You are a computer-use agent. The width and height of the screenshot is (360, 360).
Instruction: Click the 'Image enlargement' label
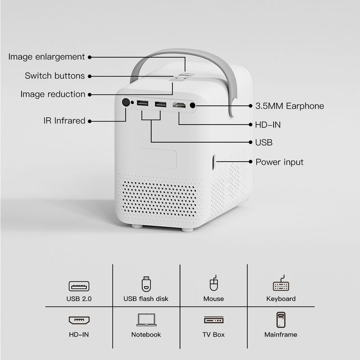(46, 57)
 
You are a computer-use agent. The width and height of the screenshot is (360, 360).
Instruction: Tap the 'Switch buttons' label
(54, 76)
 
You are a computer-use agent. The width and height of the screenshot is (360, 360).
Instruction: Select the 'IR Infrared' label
(64, 121)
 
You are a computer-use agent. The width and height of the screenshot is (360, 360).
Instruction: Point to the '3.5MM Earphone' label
(289, 106)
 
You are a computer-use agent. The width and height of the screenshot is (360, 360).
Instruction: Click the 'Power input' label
(279, 162)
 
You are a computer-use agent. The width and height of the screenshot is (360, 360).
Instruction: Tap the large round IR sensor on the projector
(126, 103)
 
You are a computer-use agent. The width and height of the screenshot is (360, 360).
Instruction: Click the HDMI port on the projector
(179, 105)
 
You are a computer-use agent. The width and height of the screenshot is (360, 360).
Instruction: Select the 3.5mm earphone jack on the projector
(193, 105)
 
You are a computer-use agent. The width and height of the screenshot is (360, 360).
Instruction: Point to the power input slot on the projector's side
(213, 162)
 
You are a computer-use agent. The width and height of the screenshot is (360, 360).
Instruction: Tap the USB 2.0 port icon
(79, 286)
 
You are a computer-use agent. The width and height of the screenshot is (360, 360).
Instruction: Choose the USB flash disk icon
(146, 284)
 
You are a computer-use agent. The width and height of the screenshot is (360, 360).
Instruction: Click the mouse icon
(214, 283)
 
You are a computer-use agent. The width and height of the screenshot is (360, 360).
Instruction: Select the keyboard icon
(281, 283)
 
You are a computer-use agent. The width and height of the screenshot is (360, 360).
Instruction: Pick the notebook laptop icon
(147, 320)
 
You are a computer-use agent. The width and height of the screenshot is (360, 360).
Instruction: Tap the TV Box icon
(214, 320)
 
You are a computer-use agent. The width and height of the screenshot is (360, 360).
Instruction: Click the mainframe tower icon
(281, 319)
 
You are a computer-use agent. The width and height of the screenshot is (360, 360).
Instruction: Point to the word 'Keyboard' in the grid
(281, 299)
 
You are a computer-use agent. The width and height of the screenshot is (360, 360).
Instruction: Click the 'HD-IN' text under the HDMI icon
(79, 334)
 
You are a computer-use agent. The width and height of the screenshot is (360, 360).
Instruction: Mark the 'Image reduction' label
(53, 94)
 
